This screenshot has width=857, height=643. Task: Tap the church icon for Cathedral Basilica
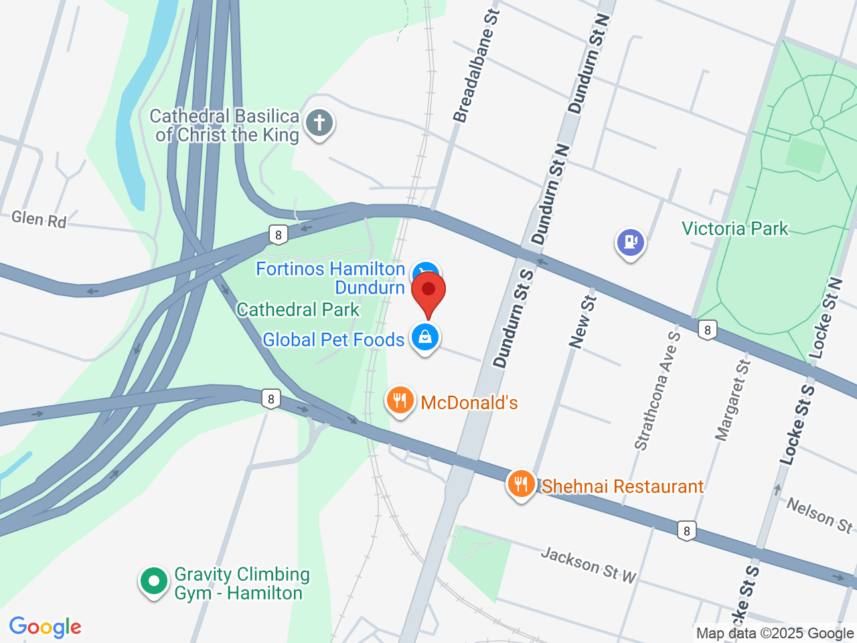coord(319,123)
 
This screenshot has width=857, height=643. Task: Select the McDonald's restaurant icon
coord(400,401)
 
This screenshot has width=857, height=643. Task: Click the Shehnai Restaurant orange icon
coord(521,484)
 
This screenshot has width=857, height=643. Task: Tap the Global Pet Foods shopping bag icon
coord(424,337)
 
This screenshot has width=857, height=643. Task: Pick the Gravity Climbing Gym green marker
coord(154,581)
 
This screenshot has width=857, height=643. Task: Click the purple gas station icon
coord(630,242)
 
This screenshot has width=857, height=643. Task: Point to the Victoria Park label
coord(735,229)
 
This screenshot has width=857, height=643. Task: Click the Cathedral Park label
coord(298,309)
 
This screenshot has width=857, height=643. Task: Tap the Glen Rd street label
coord(39,219)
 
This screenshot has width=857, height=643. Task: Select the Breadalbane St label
coord(477,66)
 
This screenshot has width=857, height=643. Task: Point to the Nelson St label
coord(820,515)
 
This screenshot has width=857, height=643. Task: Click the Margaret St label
coord(732,401)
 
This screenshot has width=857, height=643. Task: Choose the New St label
coord(582,321)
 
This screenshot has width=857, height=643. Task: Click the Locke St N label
coord(824,317)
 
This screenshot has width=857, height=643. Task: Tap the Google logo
coord(45,628)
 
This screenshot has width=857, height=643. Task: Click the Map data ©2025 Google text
coord(775,633)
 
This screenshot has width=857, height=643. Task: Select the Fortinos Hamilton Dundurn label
coord(331,278)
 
